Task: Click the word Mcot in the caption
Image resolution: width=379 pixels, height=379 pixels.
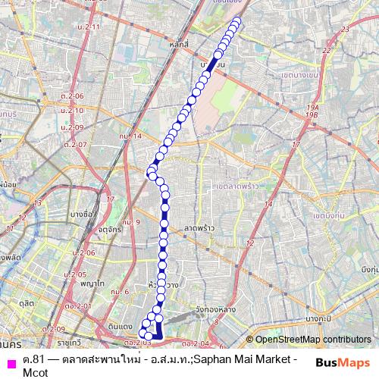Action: click(35, 371)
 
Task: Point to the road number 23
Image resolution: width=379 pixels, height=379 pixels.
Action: click(345, 29)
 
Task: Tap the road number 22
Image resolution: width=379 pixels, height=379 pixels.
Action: click(327, 50)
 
